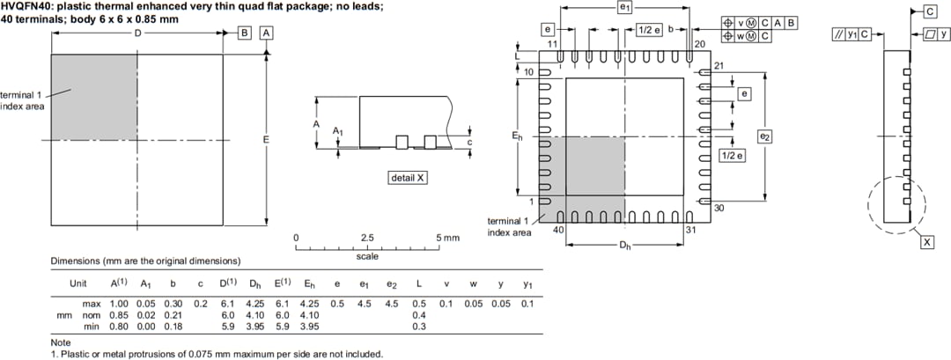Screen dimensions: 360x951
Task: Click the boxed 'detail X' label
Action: [408, 178]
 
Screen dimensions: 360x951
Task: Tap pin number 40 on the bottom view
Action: [557, 230]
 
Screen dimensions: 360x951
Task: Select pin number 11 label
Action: [552, 43]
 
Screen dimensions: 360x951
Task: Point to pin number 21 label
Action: [719, 65]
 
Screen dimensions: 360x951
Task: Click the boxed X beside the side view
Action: [927, 242]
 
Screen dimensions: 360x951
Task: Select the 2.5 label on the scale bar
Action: [367, 238]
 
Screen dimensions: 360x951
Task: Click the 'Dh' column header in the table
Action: [255, 283]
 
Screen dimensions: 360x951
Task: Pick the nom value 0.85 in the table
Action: [119, 314]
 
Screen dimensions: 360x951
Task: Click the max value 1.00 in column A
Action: [119, 303]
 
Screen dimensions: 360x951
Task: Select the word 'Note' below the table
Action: [60, 342]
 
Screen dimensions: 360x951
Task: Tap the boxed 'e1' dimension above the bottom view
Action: [624, 7]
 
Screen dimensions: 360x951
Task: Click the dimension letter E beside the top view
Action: [266, 140]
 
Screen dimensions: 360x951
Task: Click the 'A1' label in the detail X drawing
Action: [337, 131]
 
